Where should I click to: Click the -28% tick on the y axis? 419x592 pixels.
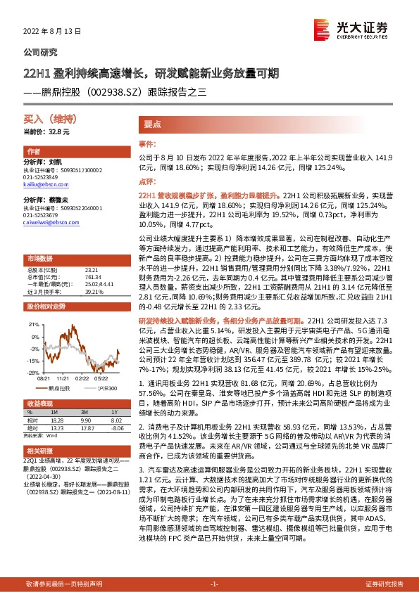point(33,372)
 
